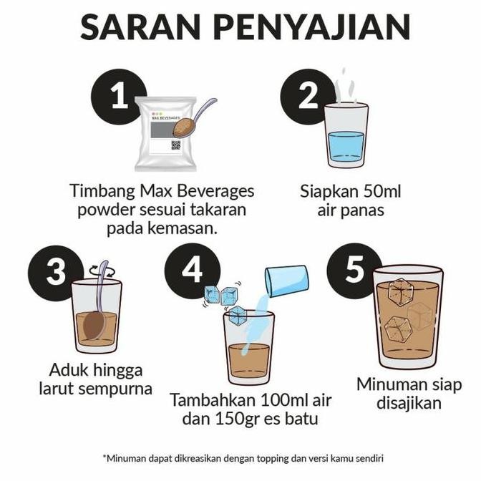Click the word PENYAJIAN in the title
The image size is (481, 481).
(314, 26)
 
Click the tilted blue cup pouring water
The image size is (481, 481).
(286, 280)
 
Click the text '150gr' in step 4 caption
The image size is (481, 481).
(229, 419)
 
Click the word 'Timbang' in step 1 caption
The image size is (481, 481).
(101, 191)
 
